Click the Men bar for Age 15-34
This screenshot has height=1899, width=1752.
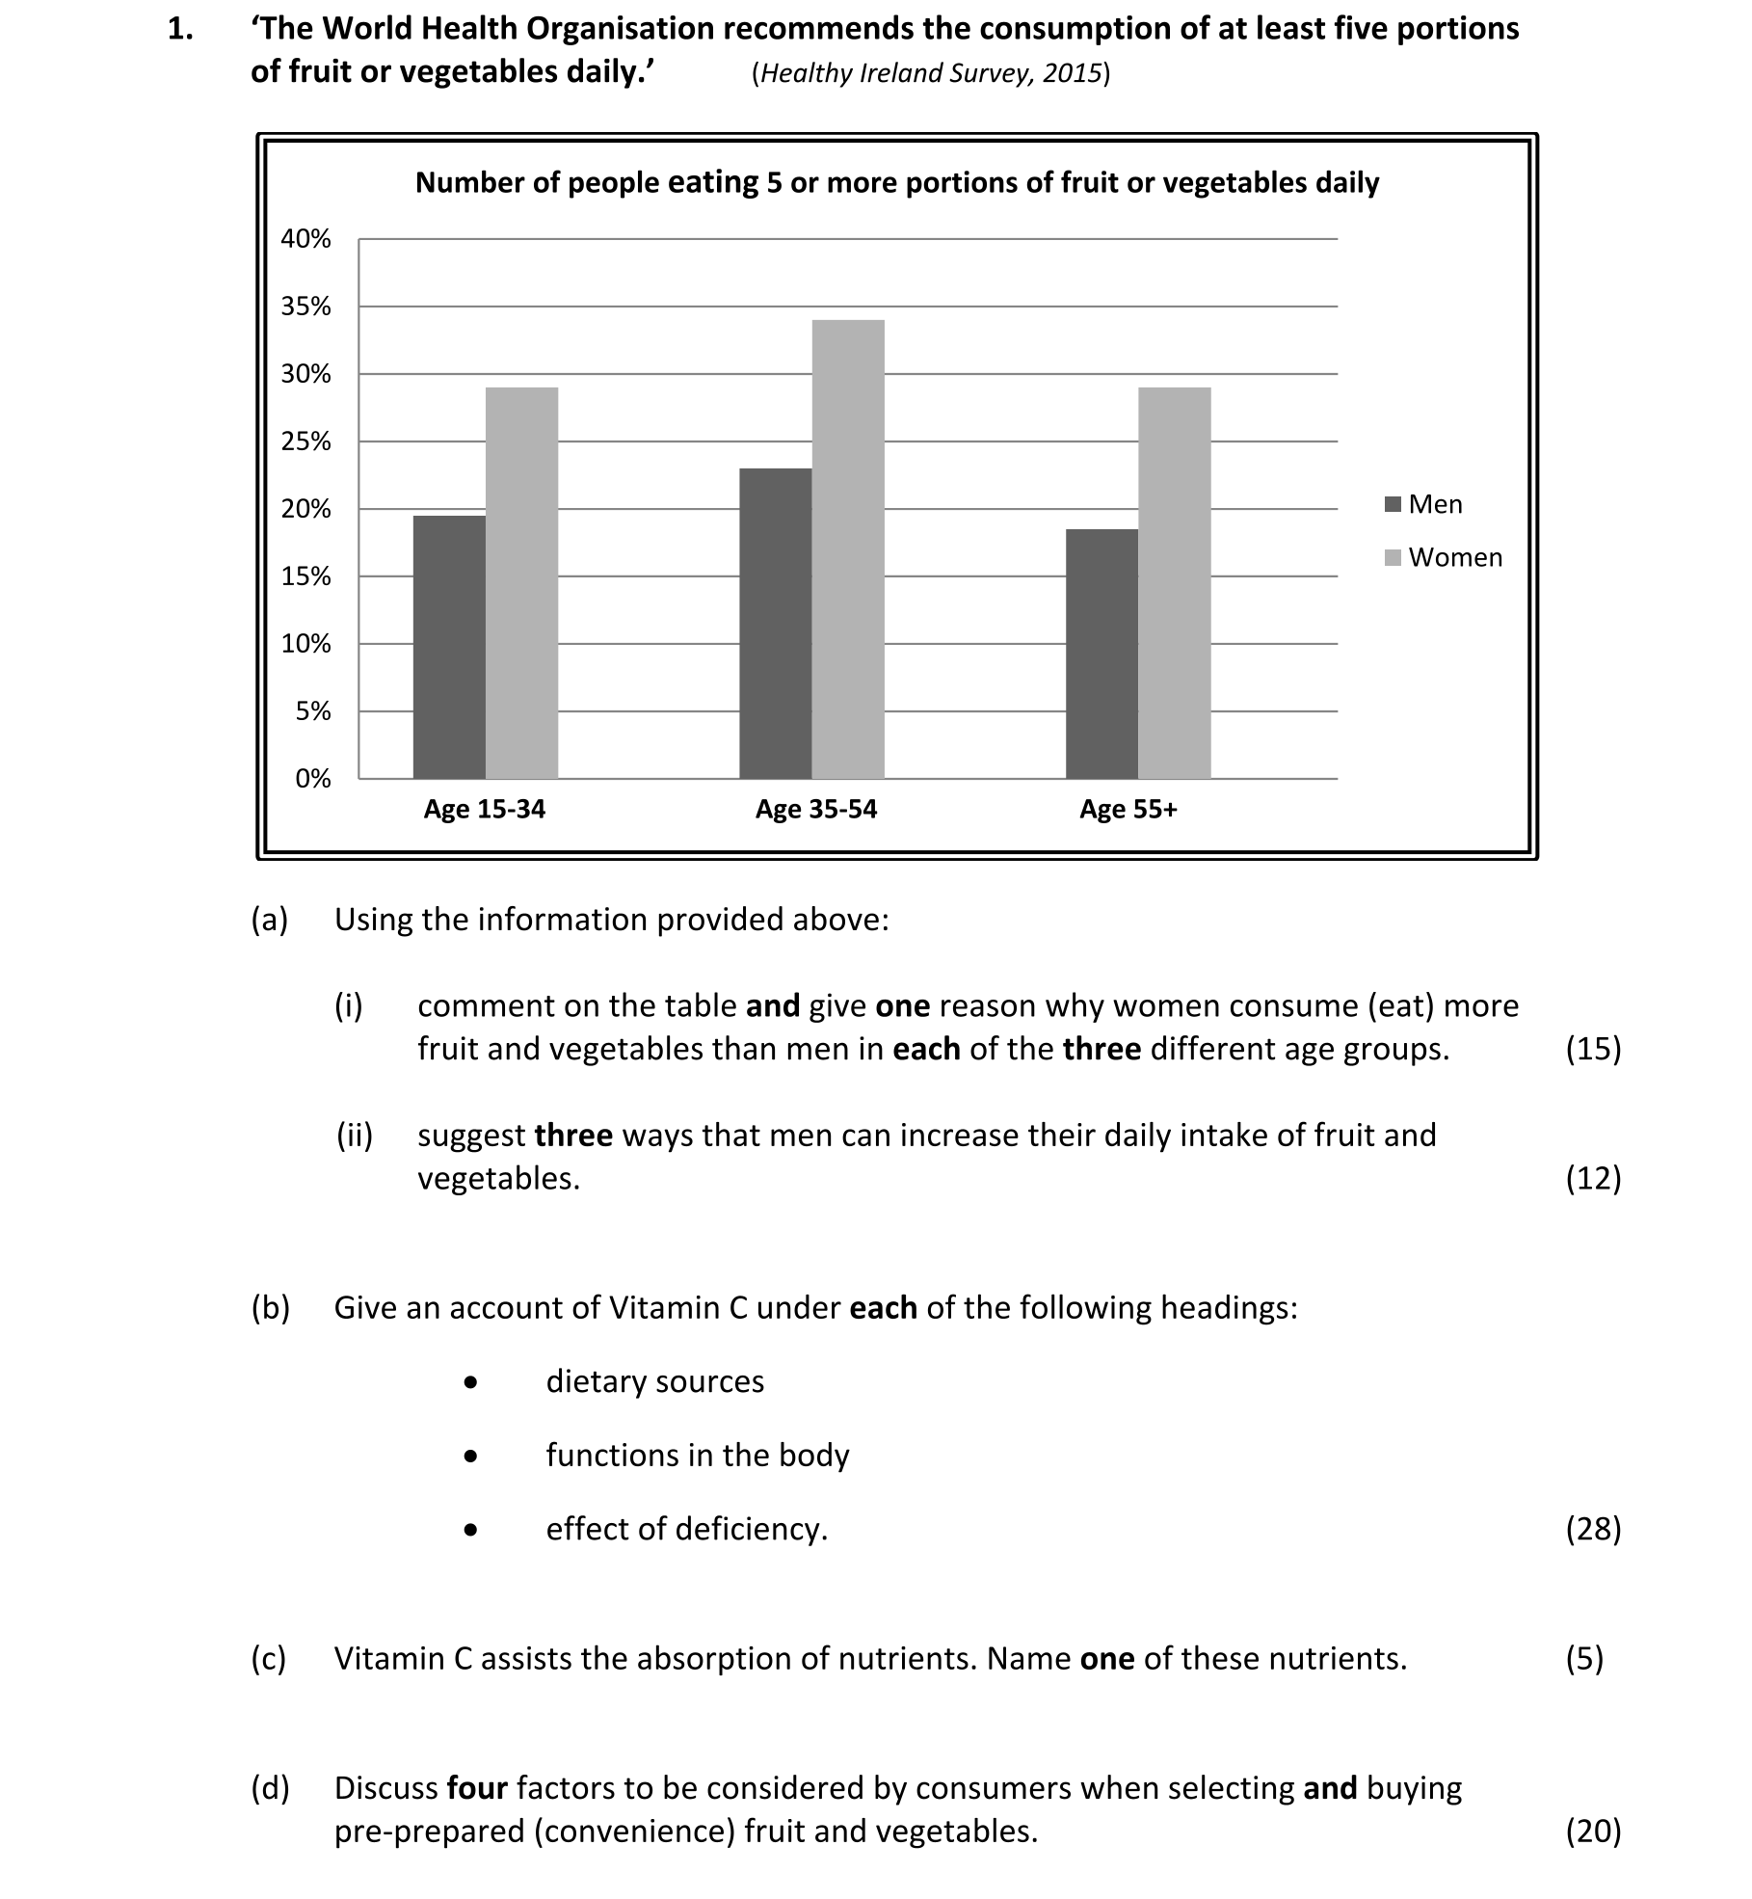coord(449,647)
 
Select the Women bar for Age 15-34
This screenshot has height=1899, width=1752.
coord(521,582)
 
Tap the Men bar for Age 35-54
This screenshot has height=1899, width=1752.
coord(775,623)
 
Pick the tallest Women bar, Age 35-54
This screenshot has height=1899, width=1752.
coord(848,548)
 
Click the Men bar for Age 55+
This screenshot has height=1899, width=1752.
coord(1102,654)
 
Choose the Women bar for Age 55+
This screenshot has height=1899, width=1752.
coord(1174,582)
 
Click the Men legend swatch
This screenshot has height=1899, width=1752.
coord(1393,504)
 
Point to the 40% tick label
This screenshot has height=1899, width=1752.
coord(305,239)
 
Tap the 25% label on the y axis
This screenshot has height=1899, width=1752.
coord(305,441)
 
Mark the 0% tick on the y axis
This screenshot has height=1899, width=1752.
coord(312,779)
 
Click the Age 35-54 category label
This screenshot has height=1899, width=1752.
coord(816,810)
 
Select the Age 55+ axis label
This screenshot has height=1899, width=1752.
coord(1128,810)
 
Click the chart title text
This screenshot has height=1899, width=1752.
coord(896,183)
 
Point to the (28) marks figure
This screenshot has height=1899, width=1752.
coord(1593,1529)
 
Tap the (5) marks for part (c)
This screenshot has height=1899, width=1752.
coord(1584,1658)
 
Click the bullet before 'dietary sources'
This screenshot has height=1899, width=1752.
coord(470,1382)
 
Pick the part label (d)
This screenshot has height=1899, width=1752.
coord(270,1788)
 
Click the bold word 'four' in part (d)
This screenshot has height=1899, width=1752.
coord(477,1788)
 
